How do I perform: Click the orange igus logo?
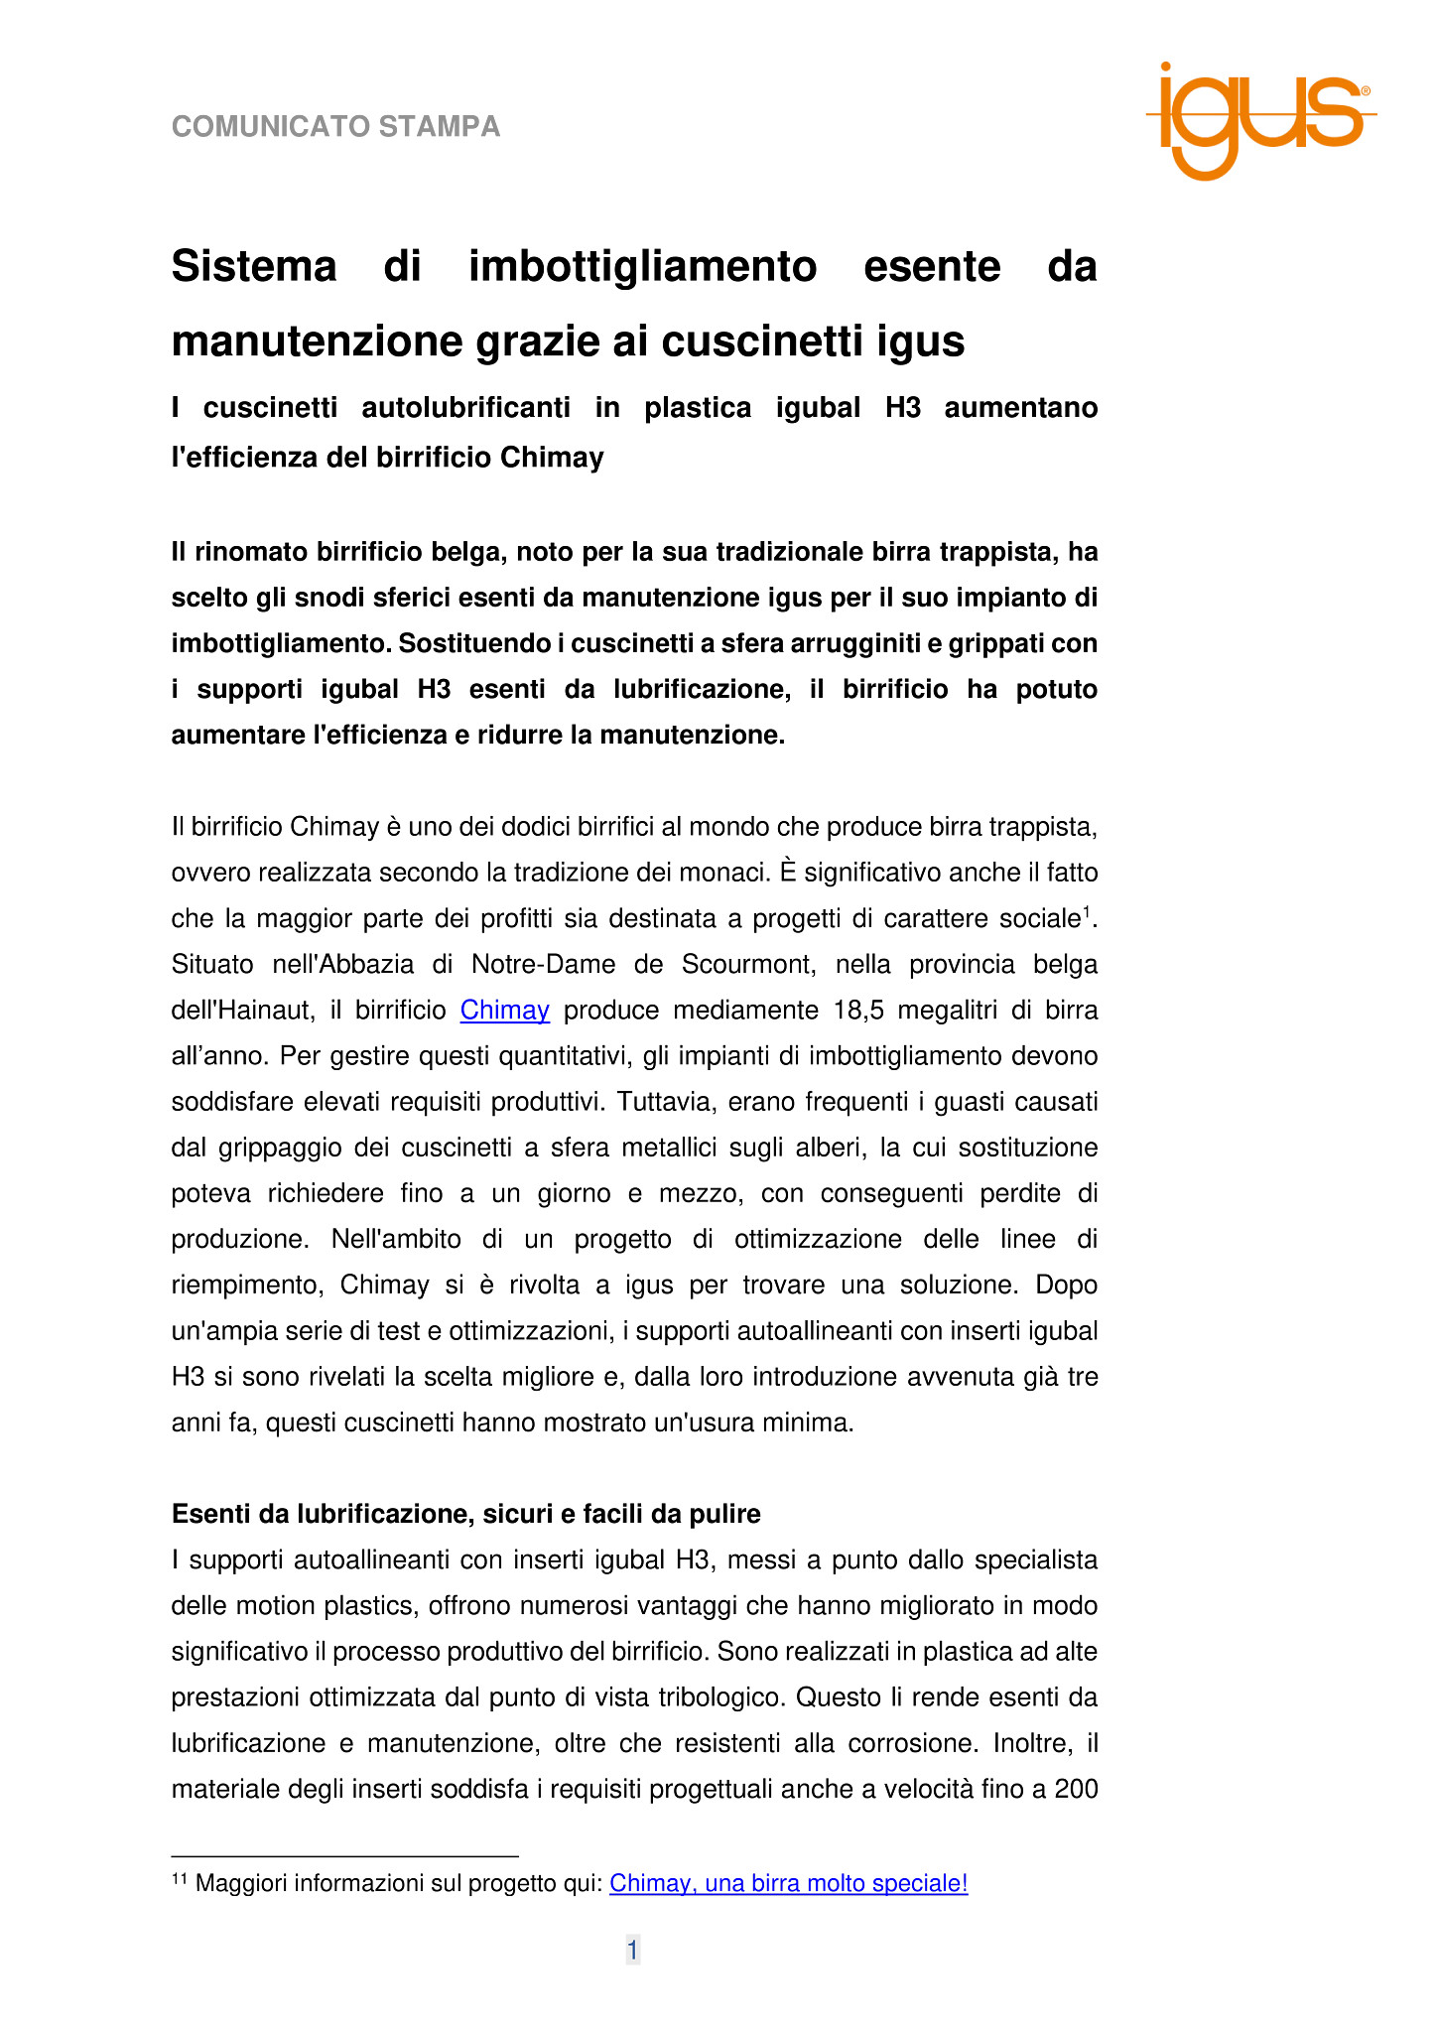coord(1259,120)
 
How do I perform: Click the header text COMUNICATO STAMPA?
coord(335,127)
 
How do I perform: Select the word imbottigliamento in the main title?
coord(642,267)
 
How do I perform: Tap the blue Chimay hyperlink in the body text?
coord(504,1011)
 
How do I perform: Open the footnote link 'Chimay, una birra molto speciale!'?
coord(788,1883)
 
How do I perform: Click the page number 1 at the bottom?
coord(632,1951)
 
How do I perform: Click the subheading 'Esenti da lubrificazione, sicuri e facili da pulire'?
coord(465,1514)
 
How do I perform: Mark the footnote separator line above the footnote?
coord(344,1855)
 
